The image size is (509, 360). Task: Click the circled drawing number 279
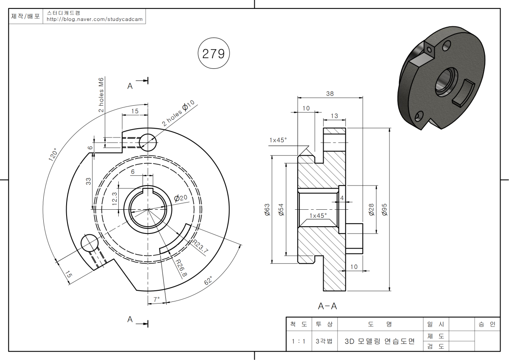pos(214,53)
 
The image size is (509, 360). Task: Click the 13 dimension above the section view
pos(334,116)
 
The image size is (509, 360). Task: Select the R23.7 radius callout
pos(200,246)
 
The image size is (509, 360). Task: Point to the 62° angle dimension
pos(207,281)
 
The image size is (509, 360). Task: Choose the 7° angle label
pos(156,299)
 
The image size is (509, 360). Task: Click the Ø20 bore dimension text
pos(181,198)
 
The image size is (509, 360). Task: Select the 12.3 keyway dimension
pos(115,197)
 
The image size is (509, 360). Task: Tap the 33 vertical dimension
pos(89,181)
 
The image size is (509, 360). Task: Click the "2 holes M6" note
pos(101,96)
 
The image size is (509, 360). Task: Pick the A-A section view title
pos(327,306)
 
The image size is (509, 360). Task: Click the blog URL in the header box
pos(95,19)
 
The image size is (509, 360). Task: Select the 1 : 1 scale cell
pos(299,341)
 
